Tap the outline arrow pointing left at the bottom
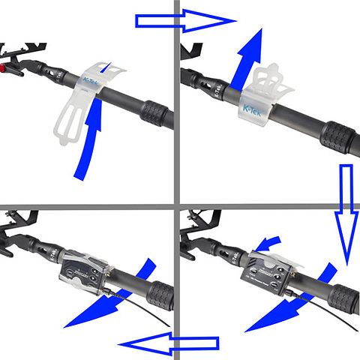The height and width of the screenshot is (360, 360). [169, 344]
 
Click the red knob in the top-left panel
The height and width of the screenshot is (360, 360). [8, 69]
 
